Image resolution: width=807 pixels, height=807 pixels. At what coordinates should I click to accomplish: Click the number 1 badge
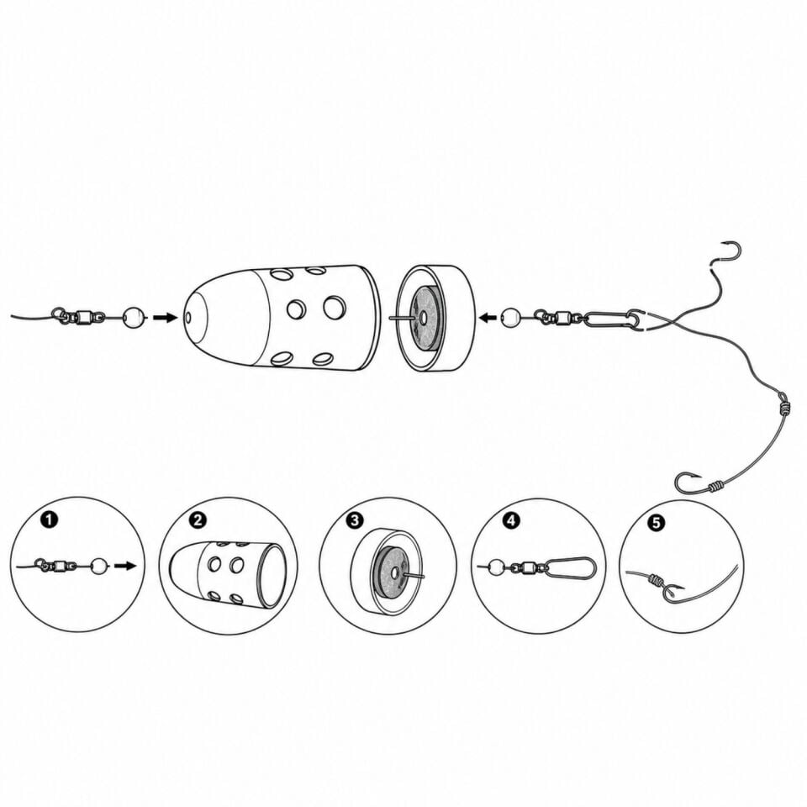click(50, 520)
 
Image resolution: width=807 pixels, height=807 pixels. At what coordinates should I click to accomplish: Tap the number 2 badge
click(198, 520)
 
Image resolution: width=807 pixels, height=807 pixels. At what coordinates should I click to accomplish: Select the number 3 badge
click(355, 520)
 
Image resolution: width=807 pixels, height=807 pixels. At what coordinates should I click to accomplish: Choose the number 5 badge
click(657, 522)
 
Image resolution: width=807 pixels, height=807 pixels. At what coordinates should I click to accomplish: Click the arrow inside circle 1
click(125, 566)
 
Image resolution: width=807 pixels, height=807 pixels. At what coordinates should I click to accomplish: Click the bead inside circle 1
click(99, 566)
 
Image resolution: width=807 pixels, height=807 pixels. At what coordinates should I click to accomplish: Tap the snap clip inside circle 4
click(570, 567)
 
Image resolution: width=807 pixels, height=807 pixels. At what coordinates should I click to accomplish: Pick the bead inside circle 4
click(495, 567)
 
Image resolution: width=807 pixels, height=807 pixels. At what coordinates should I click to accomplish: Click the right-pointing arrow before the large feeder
click(165, 318)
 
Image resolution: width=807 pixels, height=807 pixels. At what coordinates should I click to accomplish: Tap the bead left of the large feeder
click(134, 317)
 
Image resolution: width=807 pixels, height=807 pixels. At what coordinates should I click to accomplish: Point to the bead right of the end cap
click(510, 318)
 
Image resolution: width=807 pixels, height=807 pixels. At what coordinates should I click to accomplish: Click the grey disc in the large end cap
click(422, 318)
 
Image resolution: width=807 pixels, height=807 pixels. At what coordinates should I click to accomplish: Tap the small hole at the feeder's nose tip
click(187, 318)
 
